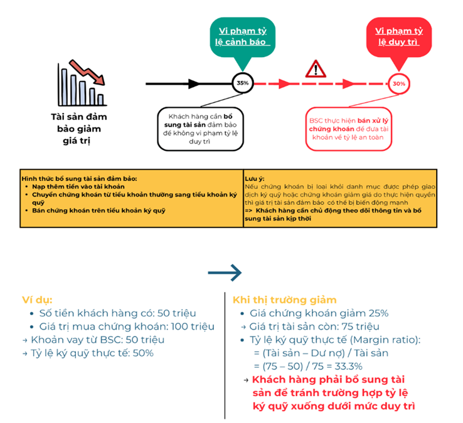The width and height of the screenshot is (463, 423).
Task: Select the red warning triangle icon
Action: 316,69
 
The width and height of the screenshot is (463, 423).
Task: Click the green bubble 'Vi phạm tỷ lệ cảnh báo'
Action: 243,37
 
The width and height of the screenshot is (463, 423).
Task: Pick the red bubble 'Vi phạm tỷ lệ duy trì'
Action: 399,37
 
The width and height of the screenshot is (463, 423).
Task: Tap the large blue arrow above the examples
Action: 225,273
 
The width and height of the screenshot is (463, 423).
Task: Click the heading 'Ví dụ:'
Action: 37,300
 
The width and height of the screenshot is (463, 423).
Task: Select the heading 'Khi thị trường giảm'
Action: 285,300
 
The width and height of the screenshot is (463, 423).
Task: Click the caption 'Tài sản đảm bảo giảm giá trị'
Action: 79,128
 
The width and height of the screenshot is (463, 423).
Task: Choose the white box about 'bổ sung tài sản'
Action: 201,129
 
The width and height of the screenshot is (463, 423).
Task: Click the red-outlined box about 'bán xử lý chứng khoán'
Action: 349,129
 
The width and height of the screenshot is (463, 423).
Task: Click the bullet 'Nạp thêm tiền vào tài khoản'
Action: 78,187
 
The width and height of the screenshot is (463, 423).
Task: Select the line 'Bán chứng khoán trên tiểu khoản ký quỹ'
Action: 98,211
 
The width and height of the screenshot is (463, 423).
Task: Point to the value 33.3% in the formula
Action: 348,367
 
